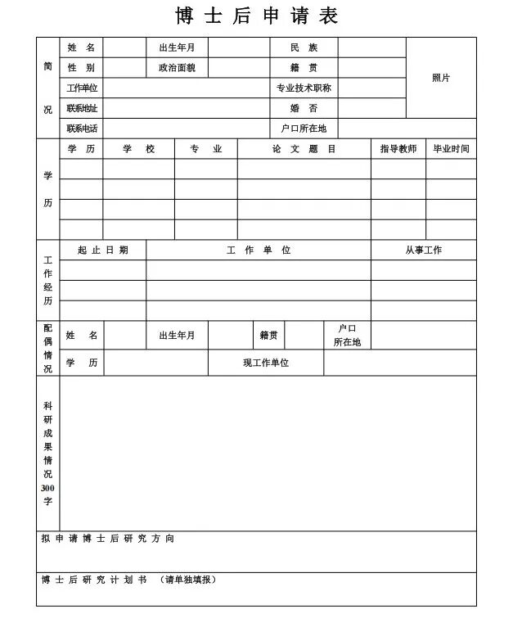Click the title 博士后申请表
point(256,16)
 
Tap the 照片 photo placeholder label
point(441,78)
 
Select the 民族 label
point(304,47)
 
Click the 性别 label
point(81,68)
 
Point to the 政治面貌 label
point(177,68)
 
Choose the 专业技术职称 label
point(304,88)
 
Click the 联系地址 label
point(82,108)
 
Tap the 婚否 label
point(304,108)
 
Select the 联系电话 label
point(82,129)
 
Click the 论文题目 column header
point(304,149)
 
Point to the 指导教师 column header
point(398,149)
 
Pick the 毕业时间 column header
point(451,149)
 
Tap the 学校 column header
point(139,149)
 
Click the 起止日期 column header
point(103,251)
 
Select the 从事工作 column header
point(423,251)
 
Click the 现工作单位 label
point(266,363)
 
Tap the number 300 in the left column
point(47,488)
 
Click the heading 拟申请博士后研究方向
point(108,539)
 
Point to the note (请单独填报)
point(189,580)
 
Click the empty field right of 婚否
point(371,108)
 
